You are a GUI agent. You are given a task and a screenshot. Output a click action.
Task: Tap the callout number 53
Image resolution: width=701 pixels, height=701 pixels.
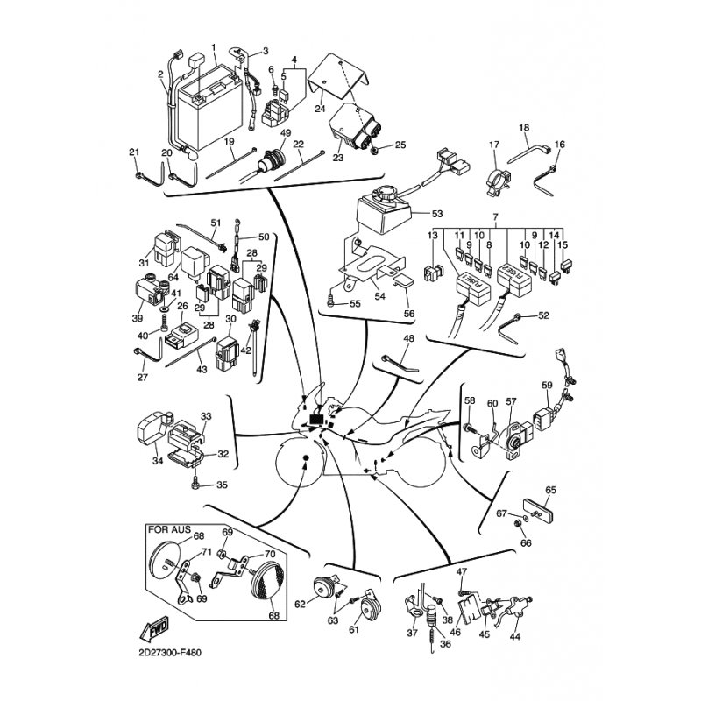437,214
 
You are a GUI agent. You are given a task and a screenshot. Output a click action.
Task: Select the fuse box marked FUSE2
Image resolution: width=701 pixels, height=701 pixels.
514,280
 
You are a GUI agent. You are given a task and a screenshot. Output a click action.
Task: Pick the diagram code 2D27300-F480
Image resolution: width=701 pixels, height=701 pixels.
170,653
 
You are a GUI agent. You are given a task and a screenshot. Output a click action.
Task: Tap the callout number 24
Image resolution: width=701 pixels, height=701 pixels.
320,109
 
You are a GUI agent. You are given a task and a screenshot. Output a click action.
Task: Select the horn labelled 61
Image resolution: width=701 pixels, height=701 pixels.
371,608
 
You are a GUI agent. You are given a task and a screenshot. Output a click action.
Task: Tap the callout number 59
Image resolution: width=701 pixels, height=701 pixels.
547,385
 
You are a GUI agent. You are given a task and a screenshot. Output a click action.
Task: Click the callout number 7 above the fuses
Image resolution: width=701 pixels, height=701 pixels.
495,216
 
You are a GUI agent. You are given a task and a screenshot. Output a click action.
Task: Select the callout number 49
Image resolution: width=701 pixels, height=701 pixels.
286,133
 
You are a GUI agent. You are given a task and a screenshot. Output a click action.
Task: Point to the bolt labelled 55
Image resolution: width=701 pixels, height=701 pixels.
330,301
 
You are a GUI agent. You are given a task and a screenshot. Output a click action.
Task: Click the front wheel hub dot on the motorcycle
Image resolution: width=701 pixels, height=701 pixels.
306,457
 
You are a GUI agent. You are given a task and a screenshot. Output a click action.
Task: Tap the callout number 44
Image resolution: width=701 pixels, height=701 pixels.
515,636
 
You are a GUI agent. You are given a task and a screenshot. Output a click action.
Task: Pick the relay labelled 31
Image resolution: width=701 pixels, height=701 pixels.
165,247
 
